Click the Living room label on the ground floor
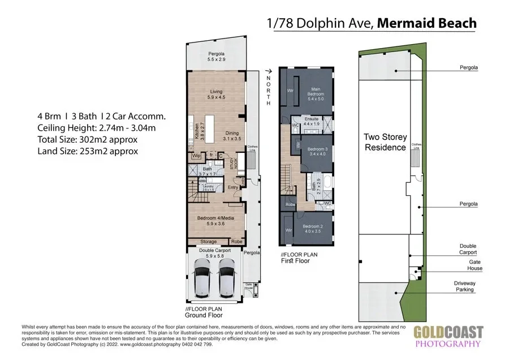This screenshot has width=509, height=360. (x=216, y=95)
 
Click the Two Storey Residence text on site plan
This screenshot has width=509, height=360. (x=385, y=142)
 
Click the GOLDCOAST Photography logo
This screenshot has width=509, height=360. (x=447, y=336)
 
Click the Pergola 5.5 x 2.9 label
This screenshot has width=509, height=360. (x=216, y=57)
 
